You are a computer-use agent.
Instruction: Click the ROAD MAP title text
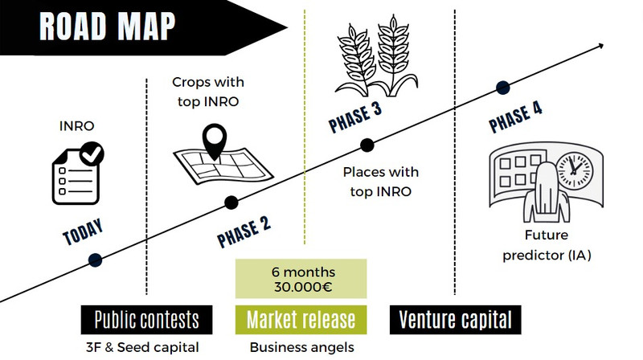point(107,27)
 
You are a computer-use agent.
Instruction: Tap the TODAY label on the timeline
point(83,231)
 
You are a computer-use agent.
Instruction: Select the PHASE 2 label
point(244,232)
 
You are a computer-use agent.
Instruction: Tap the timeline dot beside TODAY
point(95,260)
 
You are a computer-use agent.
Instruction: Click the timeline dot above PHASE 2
point(231,202)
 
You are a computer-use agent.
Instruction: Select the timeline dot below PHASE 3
point(367,145)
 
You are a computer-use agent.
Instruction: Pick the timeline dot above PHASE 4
point(503,88)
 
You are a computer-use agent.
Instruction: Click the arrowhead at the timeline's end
point(600,46)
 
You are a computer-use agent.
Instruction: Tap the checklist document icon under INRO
point(78,173)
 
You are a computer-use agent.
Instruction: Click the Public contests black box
point(147,320)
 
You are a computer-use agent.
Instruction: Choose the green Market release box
point(301,320)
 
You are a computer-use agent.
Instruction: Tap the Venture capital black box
point(455,320)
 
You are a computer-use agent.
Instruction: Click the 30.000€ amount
point(303,287)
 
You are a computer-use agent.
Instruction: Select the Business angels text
point(302,348)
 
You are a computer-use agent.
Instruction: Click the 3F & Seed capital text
point(142,348)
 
